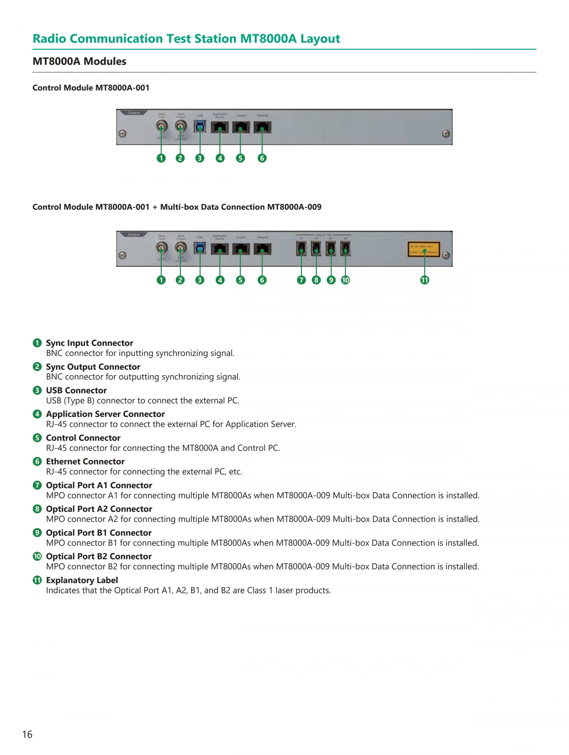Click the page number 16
tap(27, 734)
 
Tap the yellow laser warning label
tap(423, 249)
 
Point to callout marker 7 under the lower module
tap(301, 280)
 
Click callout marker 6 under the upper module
tap(262, 158)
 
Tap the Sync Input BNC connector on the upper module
tap(161, 127)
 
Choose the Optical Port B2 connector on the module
tap(345, 248)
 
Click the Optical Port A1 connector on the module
tap(301, 248)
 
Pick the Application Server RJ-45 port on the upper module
tap(220, 127)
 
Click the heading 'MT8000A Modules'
tap(79, 62)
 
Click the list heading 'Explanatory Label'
tap(82, 580)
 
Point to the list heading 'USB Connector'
tap(76, 390)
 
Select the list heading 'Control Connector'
tap(83, 438)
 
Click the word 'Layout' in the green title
tap(320, 38)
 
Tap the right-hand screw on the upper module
tap(446, 134)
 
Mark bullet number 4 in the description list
tap(37, 414)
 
